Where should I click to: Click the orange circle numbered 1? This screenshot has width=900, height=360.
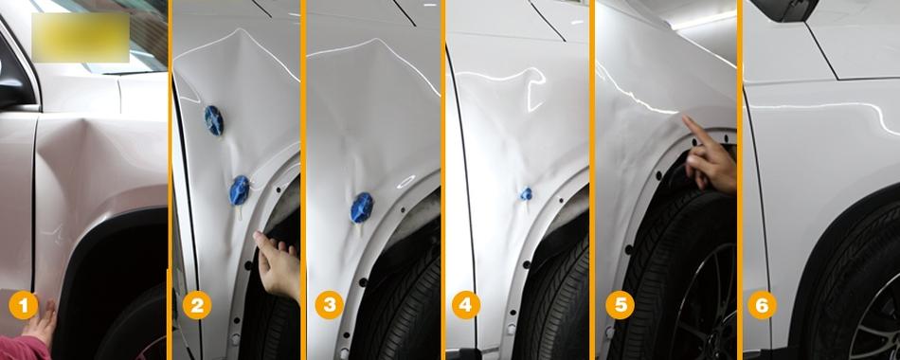pos(23,305)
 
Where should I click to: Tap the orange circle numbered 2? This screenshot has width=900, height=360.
pos(197,305)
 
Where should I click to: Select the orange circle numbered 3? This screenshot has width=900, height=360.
pos(330,305)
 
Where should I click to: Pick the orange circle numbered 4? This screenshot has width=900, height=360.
pos(466,305)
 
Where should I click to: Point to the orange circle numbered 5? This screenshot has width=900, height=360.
pos(620,305)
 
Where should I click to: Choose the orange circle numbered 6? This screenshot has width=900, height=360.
pos(762,305)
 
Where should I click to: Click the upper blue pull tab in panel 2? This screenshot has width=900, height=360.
pos(214,120)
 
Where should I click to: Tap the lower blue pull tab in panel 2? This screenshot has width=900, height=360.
pos(240,190)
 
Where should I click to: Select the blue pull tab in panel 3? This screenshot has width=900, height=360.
pos(362,207)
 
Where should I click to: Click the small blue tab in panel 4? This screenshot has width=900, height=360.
pos(527,194)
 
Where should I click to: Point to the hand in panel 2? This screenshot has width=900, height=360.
pos(278,264)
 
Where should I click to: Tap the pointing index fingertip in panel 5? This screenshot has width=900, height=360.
pos(685,117)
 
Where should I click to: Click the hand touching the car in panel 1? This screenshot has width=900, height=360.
pos(40,321)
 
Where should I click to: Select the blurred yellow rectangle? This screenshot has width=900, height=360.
pos(81,37)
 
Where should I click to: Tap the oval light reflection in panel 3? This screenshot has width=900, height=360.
pos(405,182)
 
